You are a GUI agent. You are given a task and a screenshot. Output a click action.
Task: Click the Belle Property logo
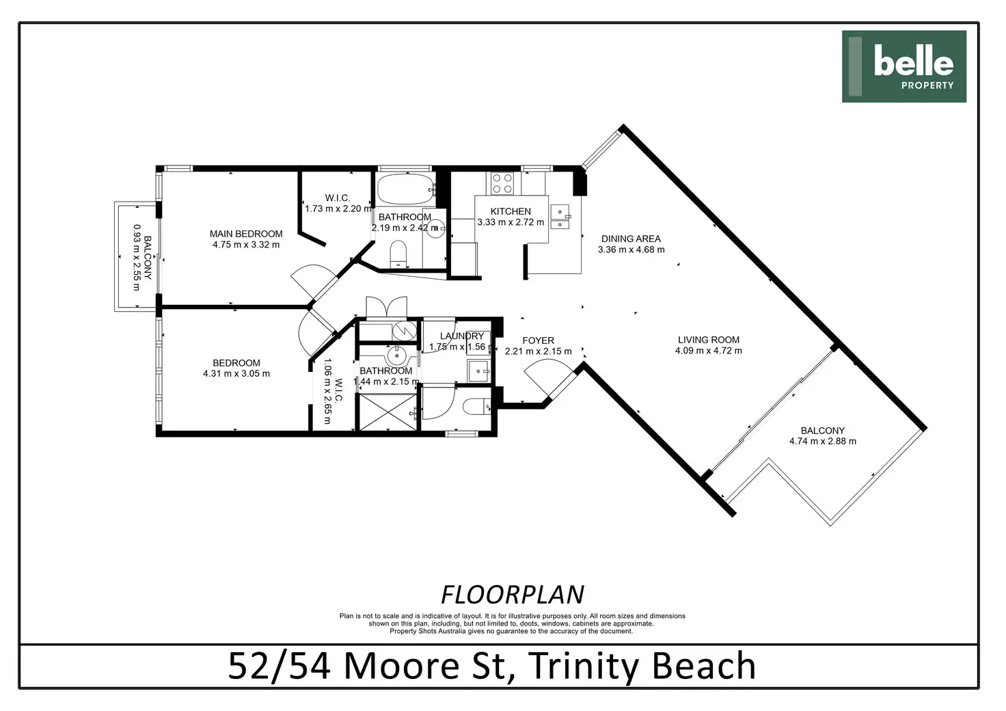(904, 66)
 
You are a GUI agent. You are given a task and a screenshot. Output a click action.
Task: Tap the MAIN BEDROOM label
(246, 234)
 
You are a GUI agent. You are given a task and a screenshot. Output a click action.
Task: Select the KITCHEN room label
(511, 211)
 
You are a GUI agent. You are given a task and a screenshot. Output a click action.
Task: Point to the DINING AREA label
(631, 239)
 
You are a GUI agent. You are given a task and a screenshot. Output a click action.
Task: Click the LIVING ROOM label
(709, 340)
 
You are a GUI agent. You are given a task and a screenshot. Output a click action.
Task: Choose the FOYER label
(538, 341)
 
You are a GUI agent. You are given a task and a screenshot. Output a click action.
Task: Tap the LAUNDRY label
(462, 336)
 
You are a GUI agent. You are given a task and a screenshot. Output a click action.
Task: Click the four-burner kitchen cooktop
(502, 184)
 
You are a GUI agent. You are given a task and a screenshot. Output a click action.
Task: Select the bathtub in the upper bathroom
(405, 189)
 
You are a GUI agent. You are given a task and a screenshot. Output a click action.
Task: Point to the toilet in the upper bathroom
(398, 254)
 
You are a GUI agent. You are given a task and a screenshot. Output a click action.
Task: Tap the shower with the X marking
(388, 412)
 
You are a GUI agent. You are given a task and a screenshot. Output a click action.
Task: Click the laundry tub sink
(478, 371)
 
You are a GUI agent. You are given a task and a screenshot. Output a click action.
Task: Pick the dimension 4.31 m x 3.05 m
(236, 374)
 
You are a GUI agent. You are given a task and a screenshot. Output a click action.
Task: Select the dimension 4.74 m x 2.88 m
(823, 442)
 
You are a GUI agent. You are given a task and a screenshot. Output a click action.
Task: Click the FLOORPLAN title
(513, 595)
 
